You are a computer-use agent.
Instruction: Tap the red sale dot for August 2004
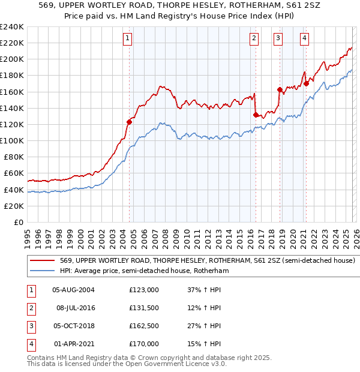pos(129,122)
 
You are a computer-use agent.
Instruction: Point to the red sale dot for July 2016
pos(256,115)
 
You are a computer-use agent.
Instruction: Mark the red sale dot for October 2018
pos(280,89)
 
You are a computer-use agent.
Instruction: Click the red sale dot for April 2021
pos(306,83)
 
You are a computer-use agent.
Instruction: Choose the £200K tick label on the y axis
pos(11,59)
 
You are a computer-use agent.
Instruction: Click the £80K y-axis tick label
pos(13,157)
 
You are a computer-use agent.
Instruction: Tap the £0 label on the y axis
pos(18,222)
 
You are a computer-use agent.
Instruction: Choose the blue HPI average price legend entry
pos(144,271)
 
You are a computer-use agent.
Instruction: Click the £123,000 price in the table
pos(144,289)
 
